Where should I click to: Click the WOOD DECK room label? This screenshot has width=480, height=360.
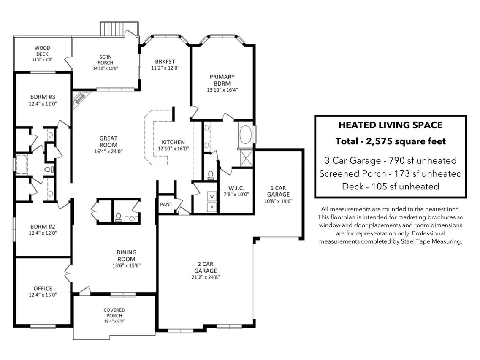click(x=42, y=51)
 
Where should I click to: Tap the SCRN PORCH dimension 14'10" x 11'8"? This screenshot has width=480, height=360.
click(x=106, y=68)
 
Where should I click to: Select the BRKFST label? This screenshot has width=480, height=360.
click(x=165, y=62)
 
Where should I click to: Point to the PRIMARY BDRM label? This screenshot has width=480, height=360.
click(x=222, y=80)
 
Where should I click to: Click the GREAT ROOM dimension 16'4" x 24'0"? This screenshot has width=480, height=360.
click(x=108, y=151)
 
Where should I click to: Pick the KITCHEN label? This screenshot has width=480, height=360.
click(x=173, y=142)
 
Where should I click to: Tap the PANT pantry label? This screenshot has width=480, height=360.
click(x=166, y=204)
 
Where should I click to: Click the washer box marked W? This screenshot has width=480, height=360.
click(x=212, y=196)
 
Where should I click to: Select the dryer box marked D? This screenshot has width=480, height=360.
click(x=212, y=207)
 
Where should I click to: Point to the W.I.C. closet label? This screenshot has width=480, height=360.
click(x=236, y=188)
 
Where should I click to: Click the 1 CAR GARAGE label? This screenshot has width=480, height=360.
click(x=278, y=191)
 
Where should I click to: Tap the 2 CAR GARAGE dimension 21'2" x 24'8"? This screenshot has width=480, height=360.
click(x=206, y=277)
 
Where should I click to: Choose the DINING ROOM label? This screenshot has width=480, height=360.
click(x=126, y=256)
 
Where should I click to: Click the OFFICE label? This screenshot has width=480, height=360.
click(x=43, y=288)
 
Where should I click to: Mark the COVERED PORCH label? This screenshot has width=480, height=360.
click(x=114, y=313)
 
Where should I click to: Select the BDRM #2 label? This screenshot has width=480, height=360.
click(x=43, y=227)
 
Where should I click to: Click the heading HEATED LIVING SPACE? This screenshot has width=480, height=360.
click(x=391, y=125)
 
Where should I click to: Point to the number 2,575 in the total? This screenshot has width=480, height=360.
click(x=379, y=141)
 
